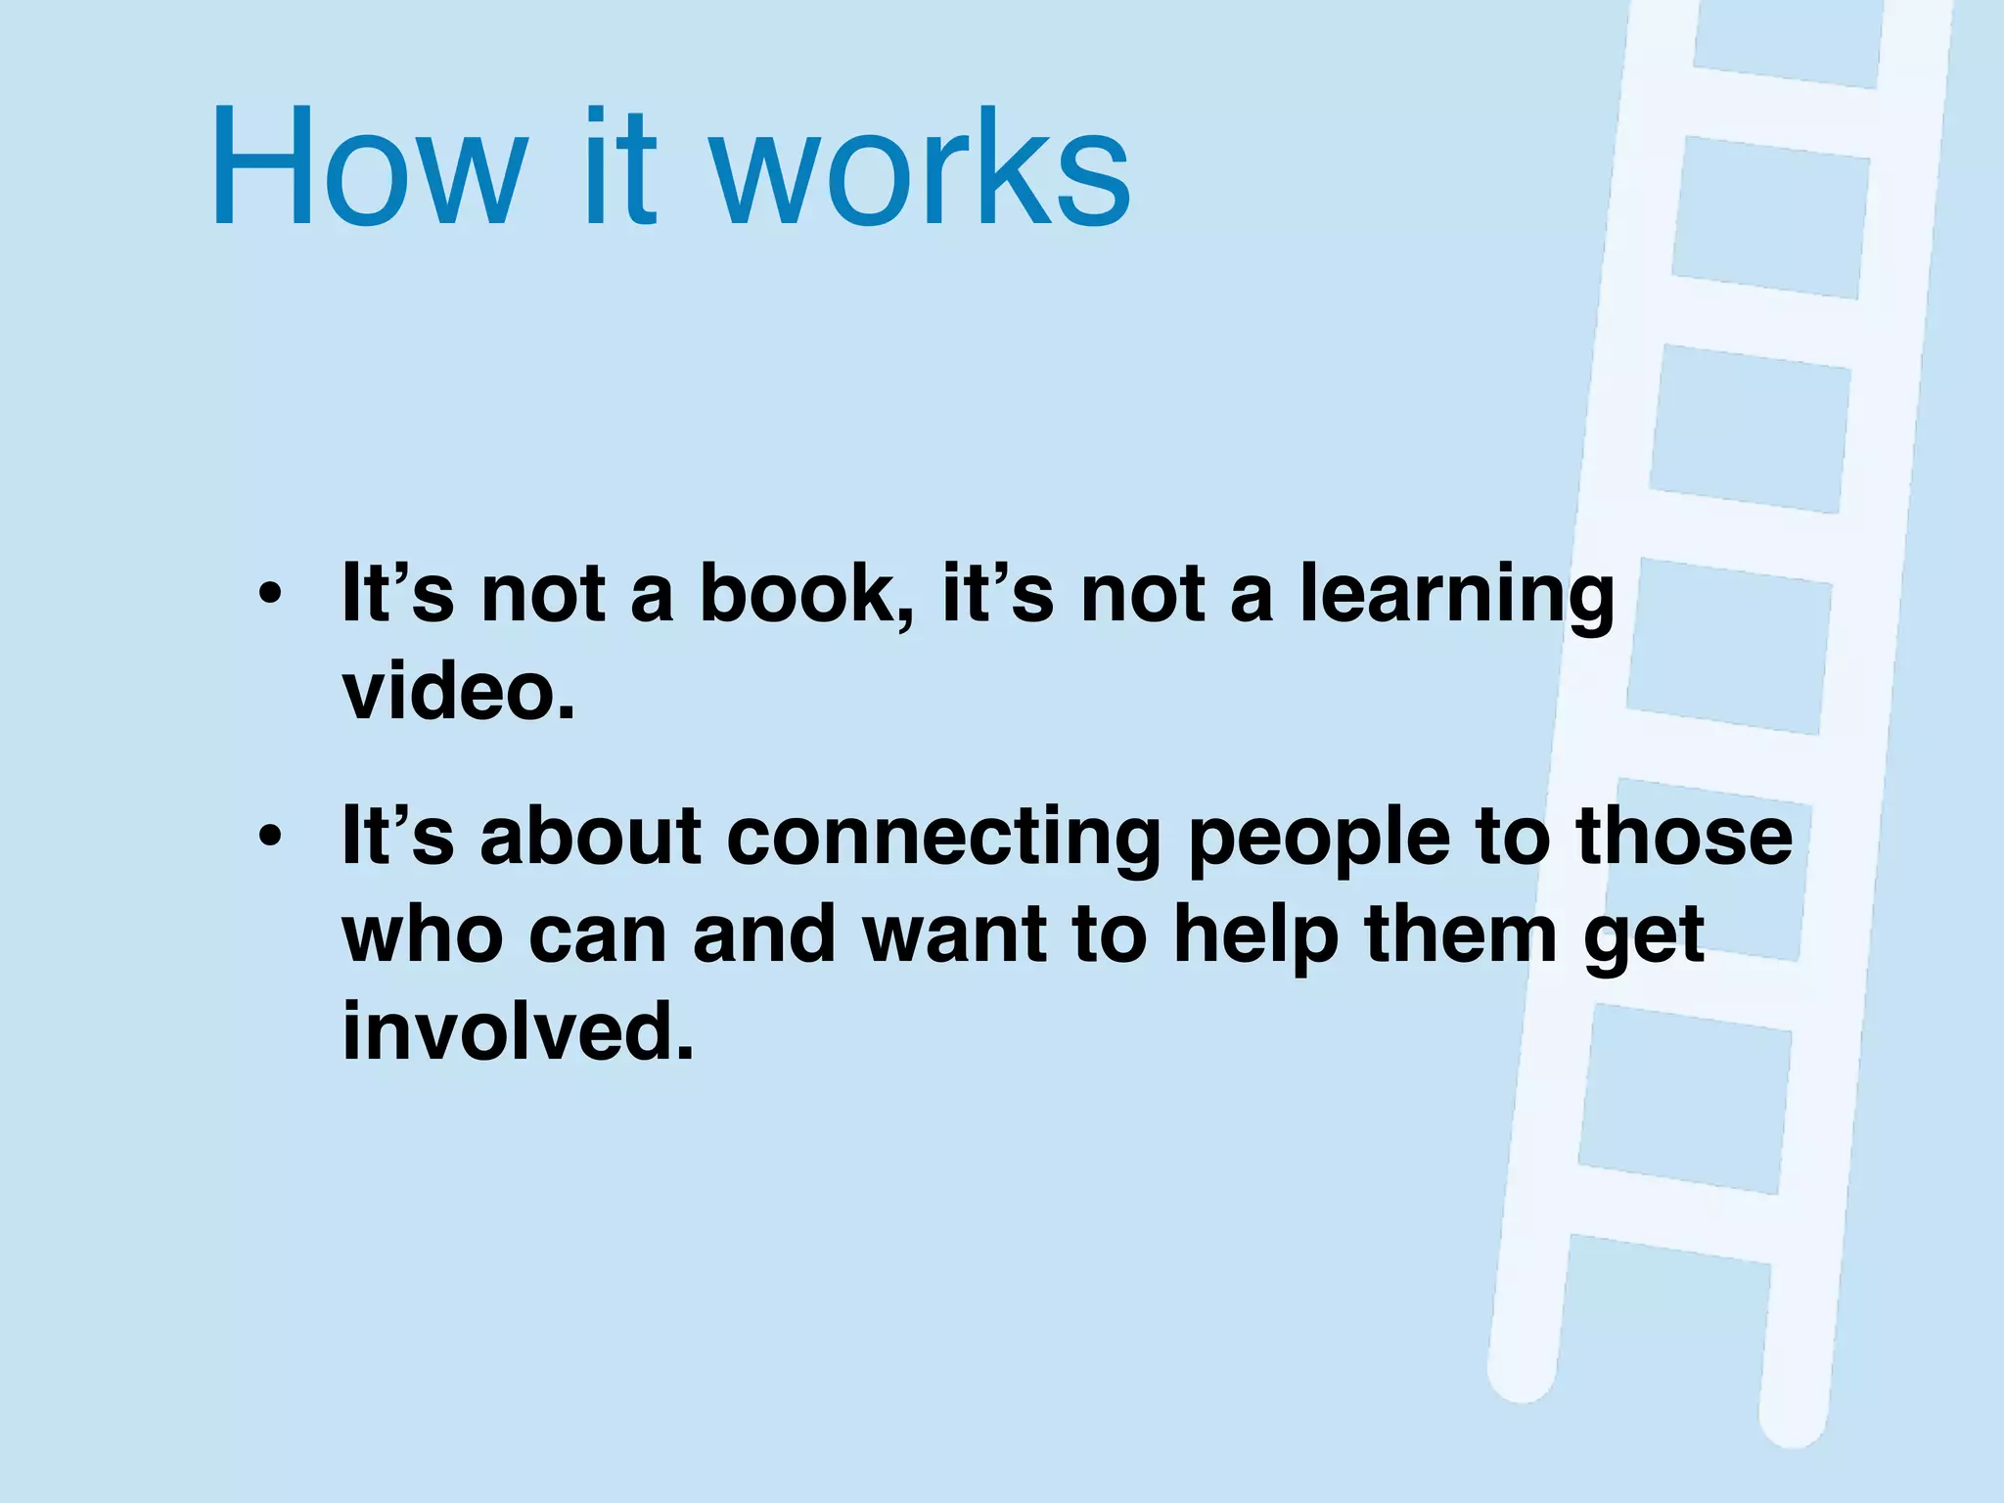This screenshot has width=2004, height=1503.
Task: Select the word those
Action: click(x=1684, y=837)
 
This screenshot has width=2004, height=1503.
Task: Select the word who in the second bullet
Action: click(x=422, y=935)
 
